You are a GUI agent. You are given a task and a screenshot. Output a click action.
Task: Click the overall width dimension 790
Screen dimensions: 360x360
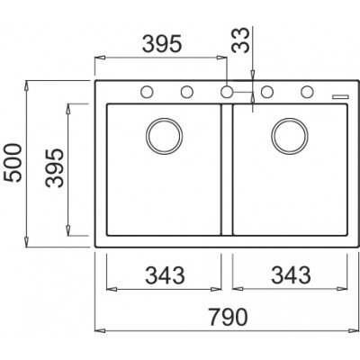(229, 317)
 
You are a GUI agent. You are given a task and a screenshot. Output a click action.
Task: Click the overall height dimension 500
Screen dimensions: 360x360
(13, 163)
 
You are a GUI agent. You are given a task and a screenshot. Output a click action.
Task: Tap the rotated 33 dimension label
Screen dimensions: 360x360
(241, 40)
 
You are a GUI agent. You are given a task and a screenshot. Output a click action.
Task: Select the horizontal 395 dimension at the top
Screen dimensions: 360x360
(162, 44)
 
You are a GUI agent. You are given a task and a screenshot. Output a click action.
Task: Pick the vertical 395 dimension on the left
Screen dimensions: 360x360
(55, 168)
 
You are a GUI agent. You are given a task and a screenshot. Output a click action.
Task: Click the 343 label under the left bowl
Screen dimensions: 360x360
(165, 275)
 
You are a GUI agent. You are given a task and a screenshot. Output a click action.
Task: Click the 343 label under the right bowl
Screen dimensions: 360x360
(291, 275)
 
